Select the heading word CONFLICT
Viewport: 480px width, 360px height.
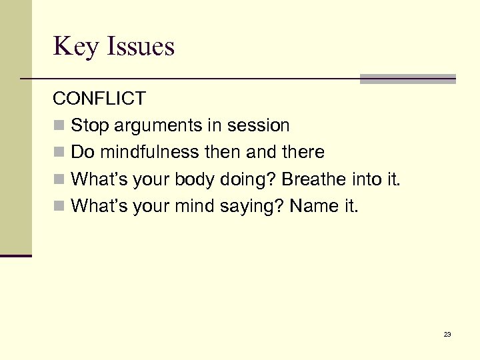pyautogui.click(x=99, y=99)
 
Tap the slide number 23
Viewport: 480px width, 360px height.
pyautogui.click(x=447, y=334)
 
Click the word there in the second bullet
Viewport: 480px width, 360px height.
pyautogui.click(x=303, y=152)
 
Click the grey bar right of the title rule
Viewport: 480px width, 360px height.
pyautogui.click(x=407, y=79)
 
